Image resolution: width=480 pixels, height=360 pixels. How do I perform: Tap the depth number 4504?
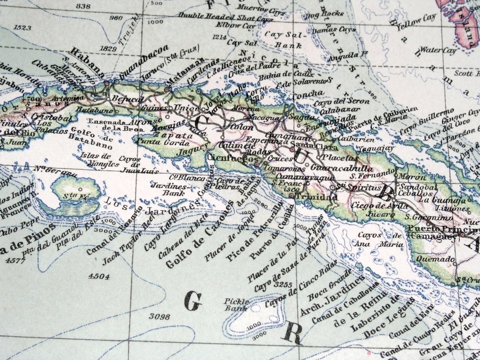[x=98, y=276]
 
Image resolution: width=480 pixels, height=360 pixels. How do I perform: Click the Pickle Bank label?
[x=235, y=305]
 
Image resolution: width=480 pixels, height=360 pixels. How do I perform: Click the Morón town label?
[x=406, y=177]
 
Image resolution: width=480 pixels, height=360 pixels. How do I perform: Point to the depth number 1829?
[x=108, y=48]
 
